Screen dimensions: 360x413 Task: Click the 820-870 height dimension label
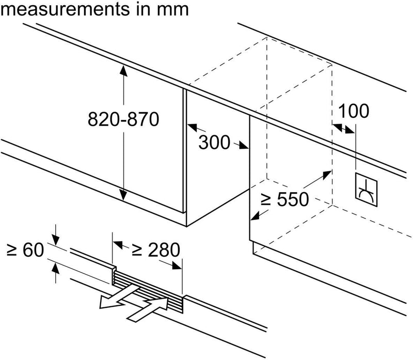tap(122, 120)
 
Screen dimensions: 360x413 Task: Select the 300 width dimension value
tap(215, 142)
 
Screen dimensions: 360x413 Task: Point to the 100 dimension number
tap(355, 111)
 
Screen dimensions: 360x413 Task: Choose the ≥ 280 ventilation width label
tap(155, 250)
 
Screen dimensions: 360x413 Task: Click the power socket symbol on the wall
tap(367, 186)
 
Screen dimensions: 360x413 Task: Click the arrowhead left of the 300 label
tap(190, 126)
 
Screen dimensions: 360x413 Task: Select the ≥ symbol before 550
tap(264, 199)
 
